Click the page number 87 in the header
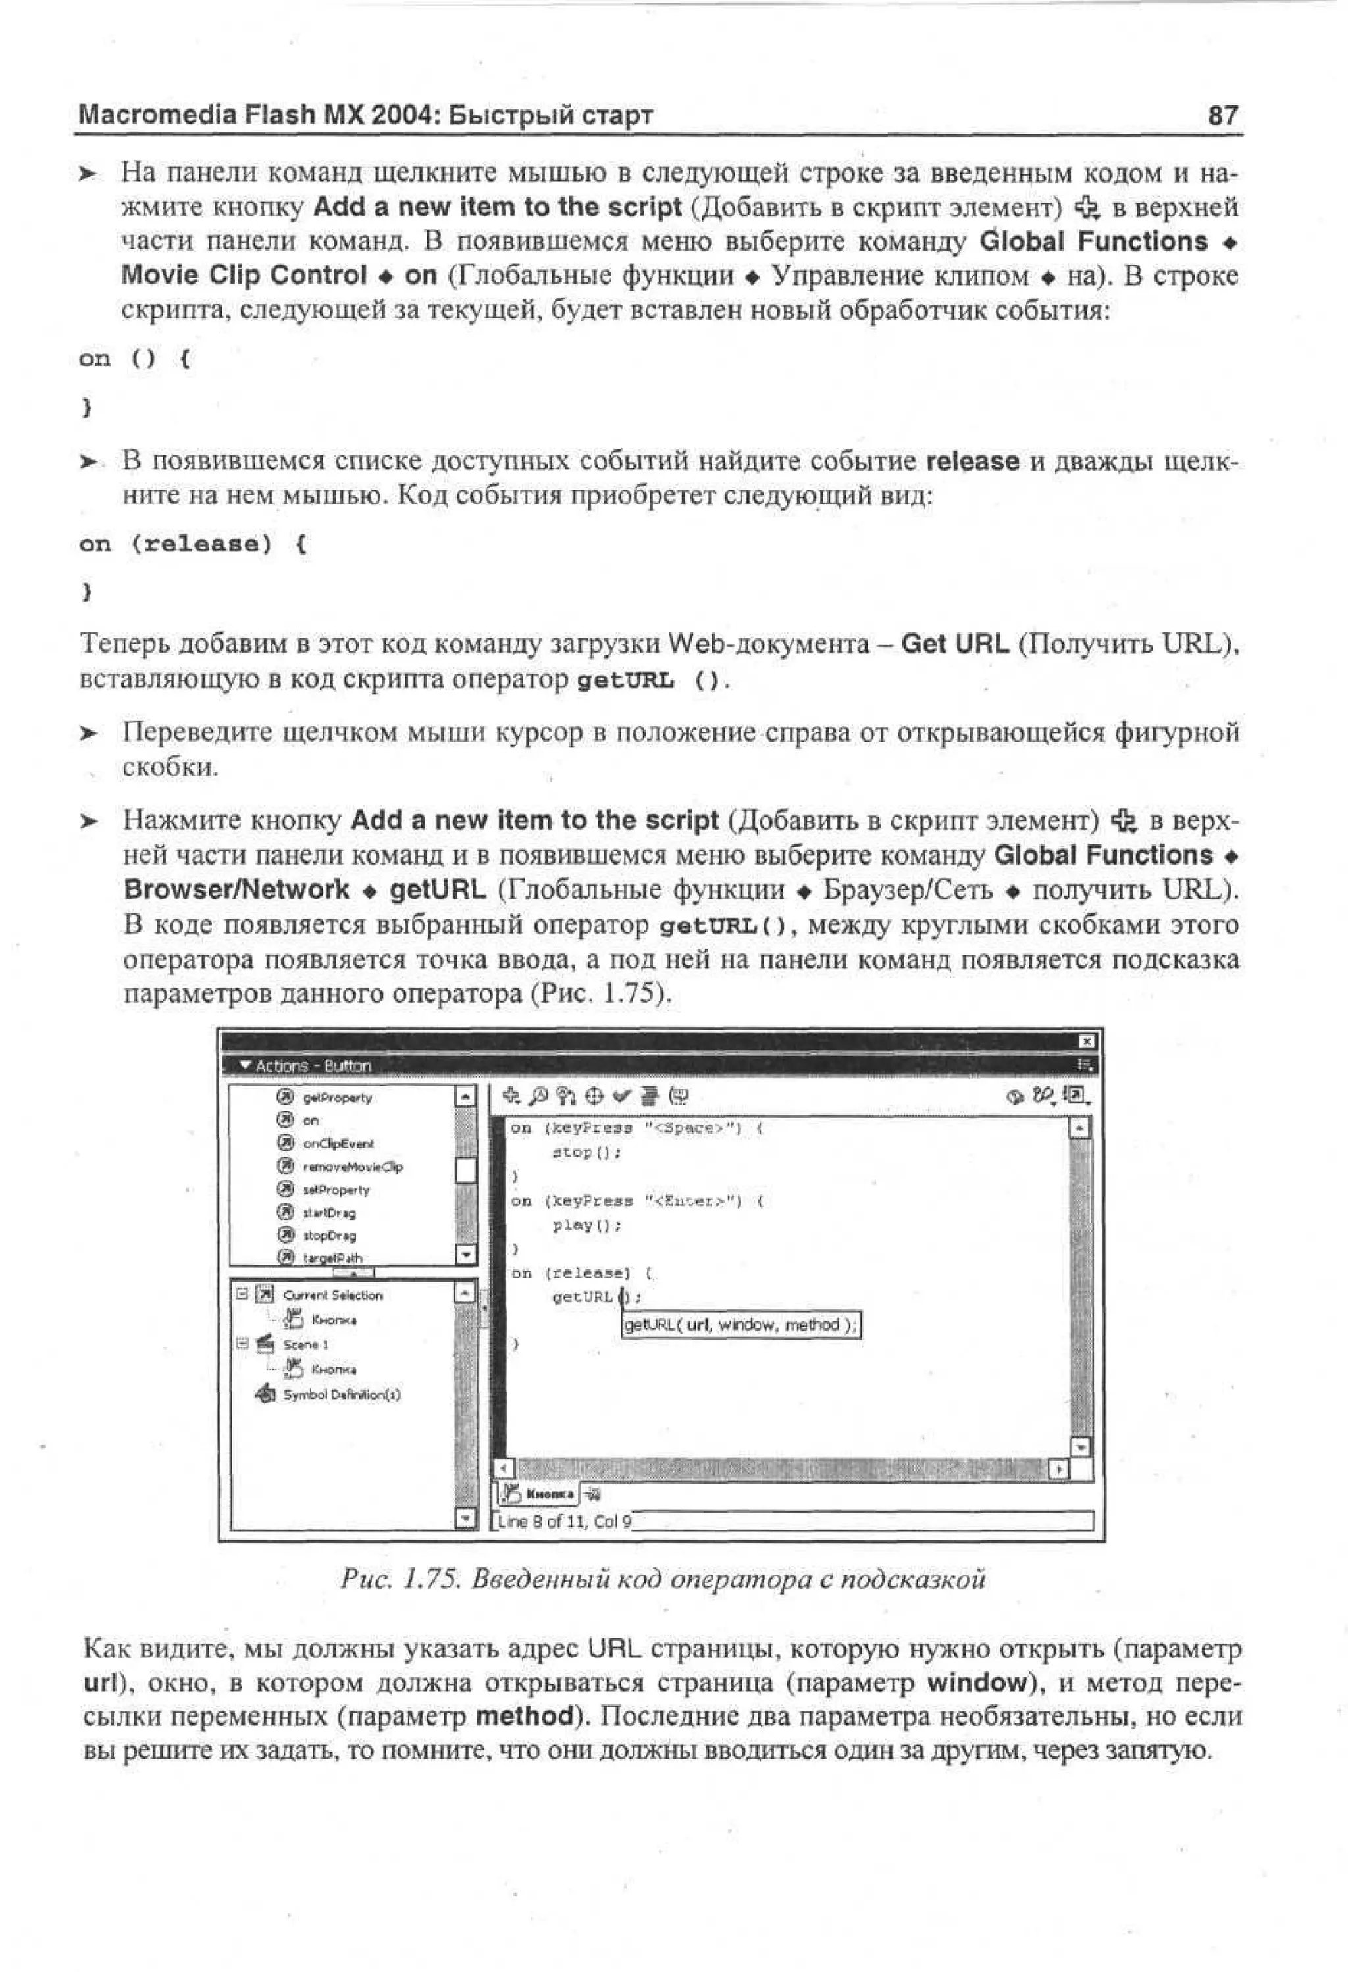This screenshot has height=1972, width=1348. pyautogui.click(x=1223, y=114)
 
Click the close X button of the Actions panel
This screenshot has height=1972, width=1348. pyautogui.click(x=1087, y=1041)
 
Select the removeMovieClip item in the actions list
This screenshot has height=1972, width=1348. pyautogui.click(x=352, y=1167)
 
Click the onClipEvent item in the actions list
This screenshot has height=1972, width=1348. pyautogui.click(x=338, y=1144)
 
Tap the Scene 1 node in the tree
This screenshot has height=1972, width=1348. pyautogui.click(x=305, y=1344)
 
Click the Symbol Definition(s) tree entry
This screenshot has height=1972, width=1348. pyautogui.click(x=341, y=1394)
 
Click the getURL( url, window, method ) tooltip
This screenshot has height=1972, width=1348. pyautogui.click(x=741, y=1325)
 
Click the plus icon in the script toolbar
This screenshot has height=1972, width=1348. pyautogui.click(x=510, y=1096)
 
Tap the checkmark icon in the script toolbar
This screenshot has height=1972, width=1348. pyautogui.click(x=621, y=1096)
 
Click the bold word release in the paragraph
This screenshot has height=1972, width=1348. pyautogui.click(x=972, y=462)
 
